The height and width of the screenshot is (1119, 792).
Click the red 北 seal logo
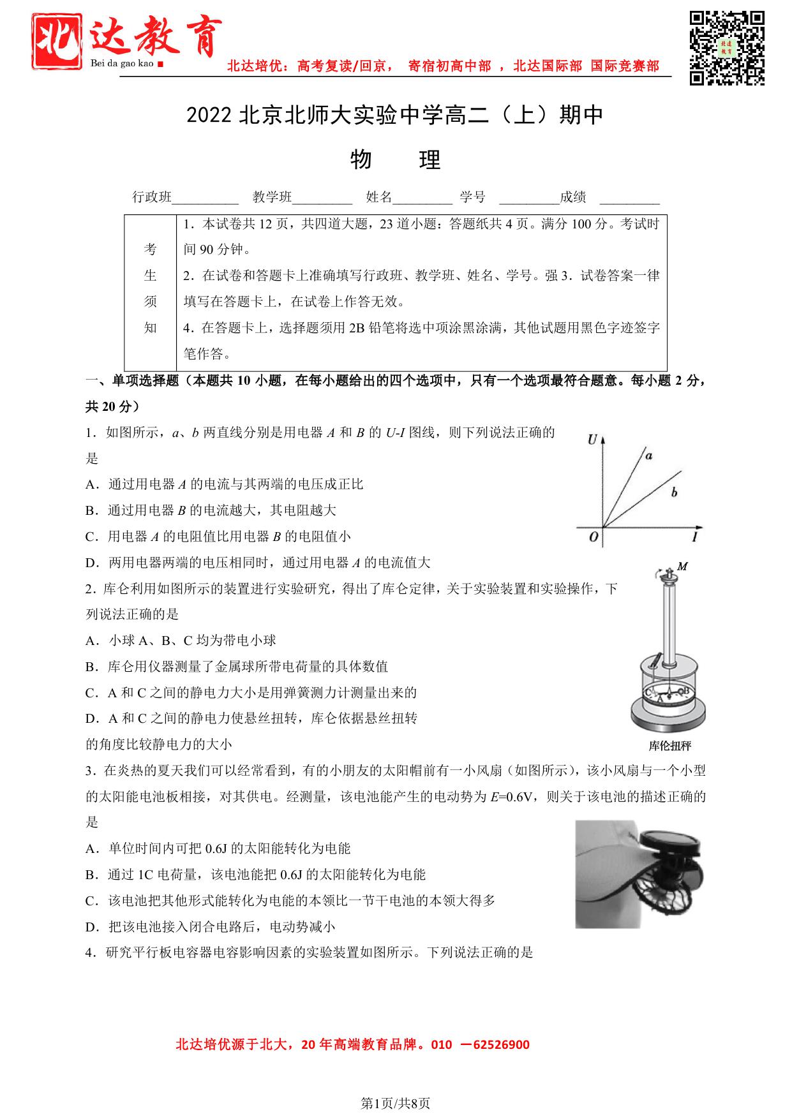click(57, 41)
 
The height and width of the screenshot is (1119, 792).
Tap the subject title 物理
click(396, 160)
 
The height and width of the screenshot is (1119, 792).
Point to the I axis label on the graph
click(694, 537)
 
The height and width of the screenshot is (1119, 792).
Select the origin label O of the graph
click(593, 537)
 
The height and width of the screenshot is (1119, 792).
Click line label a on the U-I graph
click(648, 456)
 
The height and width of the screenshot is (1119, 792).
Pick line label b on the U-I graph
click(674, 492)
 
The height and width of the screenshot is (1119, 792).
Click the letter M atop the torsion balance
click(682, 566)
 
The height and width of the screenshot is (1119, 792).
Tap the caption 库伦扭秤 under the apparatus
click(669, 746)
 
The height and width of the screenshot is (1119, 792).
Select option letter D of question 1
click(90, 563)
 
